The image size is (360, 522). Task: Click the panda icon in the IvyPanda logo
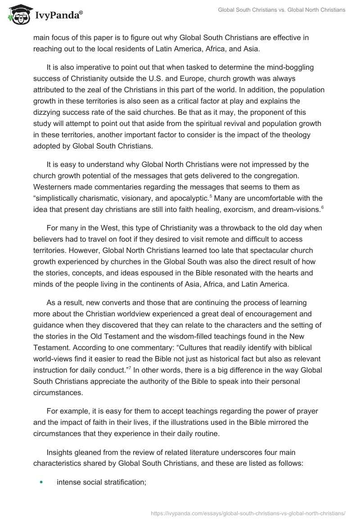[17, 15]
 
